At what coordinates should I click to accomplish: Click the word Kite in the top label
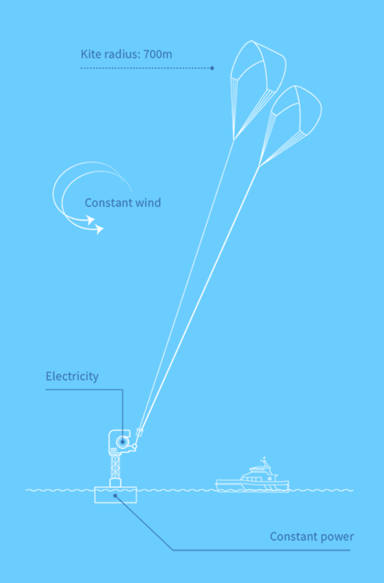pos(90,54)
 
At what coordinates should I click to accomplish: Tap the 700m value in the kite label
pos(158,54)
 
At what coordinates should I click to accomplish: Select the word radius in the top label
pos(120,54)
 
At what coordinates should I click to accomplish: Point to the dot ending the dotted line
pos(212,68)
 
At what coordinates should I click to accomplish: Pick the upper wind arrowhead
pos(90,220)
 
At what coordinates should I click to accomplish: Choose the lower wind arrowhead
pos(100,229)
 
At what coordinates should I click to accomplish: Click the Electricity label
pos(72,377)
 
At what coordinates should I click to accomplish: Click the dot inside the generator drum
pos(123,442)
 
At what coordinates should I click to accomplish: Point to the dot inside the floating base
pos(115,495)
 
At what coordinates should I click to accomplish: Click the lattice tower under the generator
pos(115,467)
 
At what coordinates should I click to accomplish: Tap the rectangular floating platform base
pos(115,495)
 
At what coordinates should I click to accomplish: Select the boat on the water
pos(252,479)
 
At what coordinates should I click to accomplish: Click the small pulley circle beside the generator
pos(134,446)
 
